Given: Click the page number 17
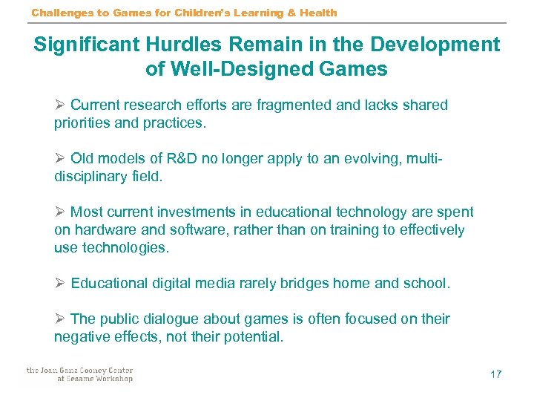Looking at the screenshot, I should (495, 374).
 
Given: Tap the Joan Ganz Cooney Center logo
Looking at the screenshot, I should (79, 374).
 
